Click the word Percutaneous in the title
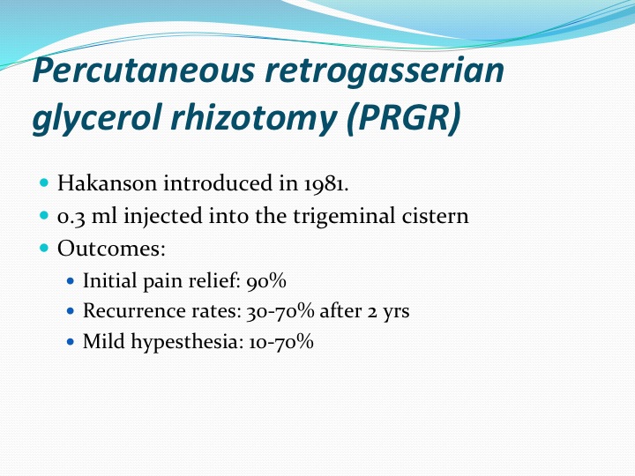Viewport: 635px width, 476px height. point(144,70)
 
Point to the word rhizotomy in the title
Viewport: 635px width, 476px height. point(254,118)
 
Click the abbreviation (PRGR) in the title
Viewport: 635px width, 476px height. point(404,118)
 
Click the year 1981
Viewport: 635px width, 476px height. point(325,183)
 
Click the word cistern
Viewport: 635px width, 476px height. point(435,216)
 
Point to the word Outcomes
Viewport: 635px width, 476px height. point(111,248)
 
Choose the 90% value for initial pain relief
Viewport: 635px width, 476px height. point(266,281)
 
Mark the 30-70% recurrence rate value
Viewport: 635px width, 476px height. point(280,311)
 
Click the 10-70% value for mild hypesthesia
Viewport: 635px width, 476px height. point(281,342)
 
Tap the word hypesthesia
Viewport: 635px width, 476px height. point(187,342)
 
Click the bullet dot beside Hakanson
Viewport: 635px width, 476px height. point(45,182)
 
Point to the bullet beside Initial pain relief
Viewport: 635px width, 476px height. point(71,280)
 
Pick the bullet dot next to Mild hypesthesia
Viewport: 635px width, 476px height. point(71,342)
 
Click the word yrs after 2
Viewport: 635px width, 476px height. point(396,312)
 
